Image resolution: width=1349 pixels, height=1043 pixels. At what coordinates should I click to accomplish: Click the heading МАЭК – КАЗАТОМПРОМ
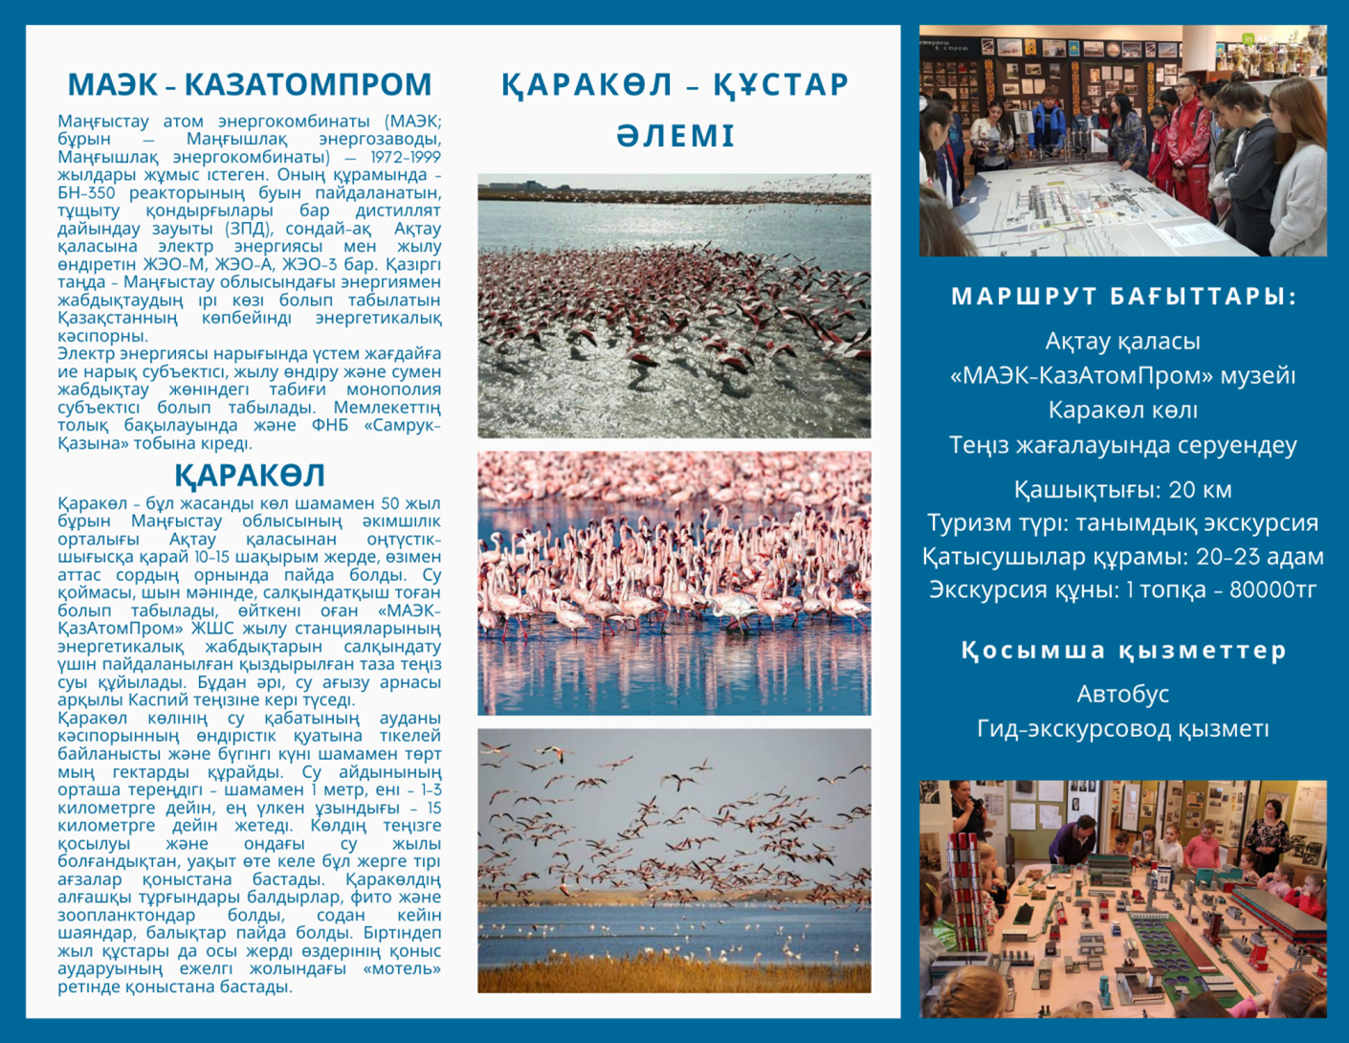(x=250, y=84)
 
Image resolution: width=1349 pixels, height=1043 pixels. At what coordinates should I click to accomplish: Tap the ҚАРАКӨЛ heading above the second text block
(x=250, y=476)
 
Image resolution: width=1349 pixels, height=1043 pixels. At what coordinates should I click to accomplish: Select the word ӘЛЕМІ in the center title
(x=675, y=136)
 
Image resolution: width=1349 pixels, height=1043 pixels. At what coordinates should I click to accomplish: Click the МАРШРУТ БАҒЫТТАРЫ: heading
(x=1123, y=297)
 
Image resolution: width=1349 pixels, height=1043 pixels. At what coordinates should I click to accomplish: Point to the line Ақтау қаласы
(x=1122, y=341)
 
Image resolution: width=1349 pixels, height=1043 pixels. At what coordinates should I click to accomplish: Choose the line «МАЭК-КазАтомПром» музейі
(x=1122, y=375)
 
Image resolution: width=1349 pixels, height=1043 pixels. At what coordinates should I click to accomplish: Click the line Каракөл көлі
(x=1122, y=410)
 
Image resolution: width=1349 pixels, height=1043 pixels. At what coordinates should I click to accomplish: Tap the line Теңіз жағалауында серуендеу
(x=1122, y=445)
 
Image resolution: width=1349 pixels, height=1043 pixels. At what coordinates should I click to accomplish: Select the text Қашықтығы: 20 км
(x=1122, y=490)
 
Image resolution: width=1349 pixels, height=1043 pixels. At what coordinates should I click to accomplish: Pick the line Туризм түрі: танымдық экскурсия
(x=1122, y=523)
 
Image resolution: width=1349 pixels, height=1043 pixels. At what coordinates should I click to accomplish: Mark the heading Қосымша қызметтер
(x=1123, y=651)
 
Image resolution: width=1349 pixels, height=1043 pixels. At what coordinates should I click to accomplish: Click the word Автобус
(x=1122, y=694)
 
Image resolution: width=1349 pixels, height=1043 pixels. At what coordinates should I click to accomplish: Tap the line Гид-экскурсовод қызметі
(x=1122, y=729)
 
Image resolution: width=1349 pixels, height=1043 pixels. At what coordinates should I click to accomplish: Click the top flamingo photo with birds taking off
(x=674, y=306)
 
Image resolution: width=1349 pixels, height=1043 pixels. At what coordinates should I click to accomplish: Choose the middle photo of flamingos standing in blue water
(x=674, y=584)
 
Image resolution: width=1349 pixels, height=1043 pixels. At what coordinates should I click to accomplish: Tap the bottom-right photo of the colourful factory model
(x=1122, y=899)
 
